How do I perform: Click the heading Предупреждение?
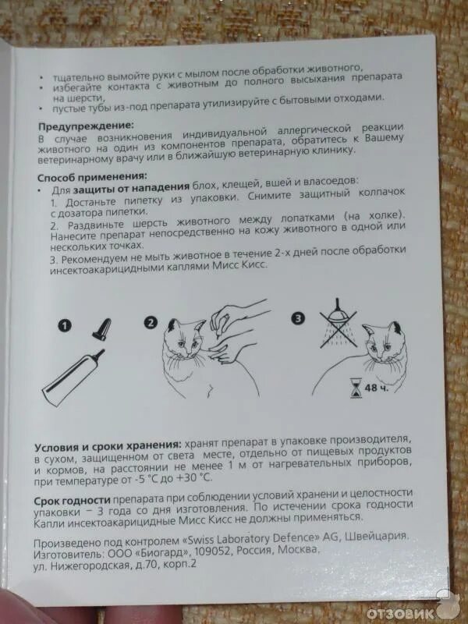(85, 125)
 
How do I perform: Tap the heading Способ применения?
(91, 177)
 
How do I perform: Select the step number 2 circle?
(151, 321)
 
